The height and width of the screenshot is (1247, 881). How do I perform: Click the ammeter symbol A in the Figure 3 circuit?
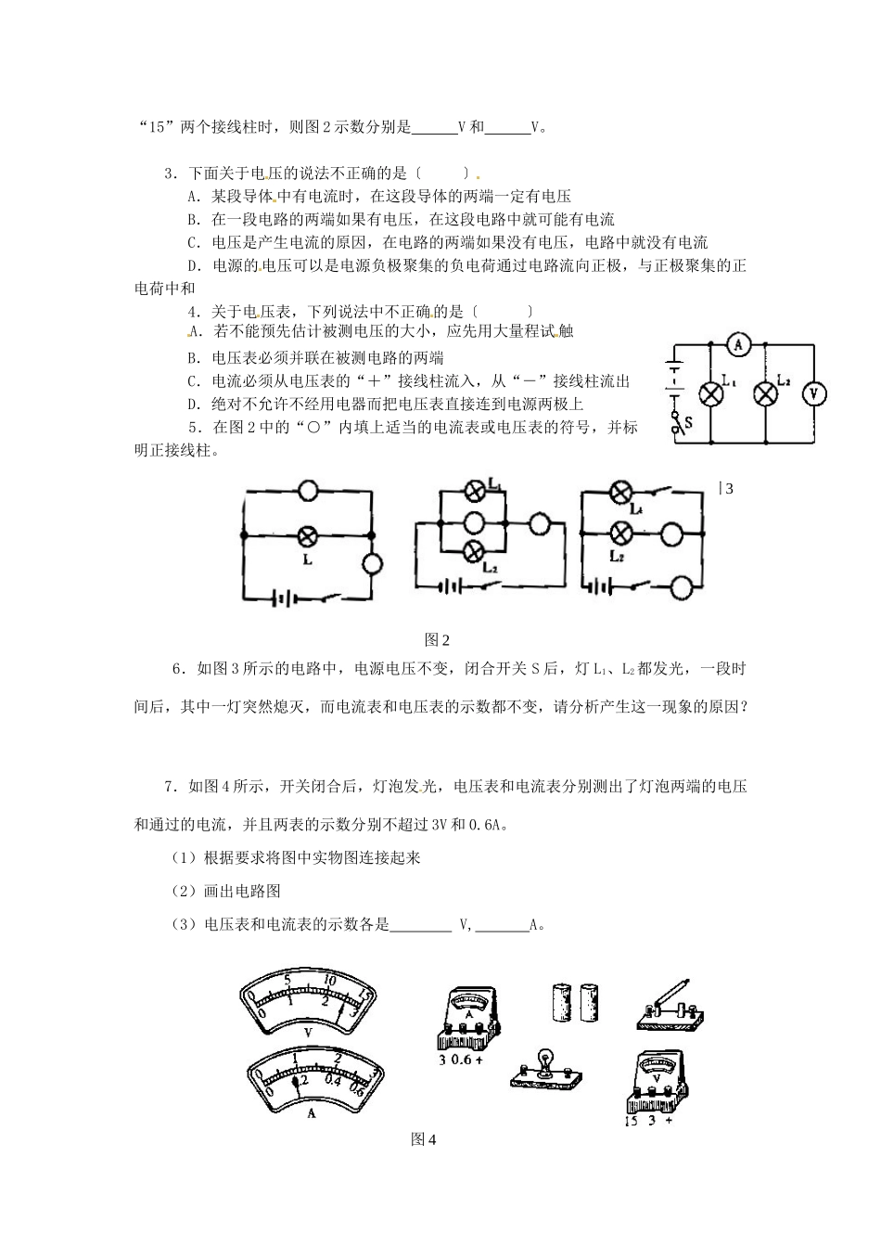[738, 345]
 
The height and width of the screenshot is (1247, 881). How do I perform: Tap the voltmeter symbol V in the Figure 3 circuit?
[813, 394]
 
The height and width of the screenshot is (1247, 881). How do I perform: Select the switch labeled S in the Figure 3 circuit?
[677, 422]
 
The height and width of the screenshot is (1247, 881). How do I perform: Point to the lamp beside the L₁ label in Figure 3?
[710, 394]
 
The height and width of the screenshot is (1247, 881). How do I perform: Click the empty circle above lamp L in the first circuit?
[308, 491]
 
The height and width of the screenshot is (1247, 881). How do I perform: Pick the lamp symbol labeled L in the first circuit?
[307, 535]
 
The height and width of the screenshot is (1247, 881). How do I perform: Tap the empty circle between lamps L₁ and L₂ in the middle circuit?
[474, 523]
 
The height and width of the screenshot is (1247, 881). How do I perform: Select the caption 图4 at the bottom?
[423, 1139]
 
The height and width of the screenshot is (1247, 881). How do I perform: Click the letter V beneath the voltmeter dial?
[308, 1032]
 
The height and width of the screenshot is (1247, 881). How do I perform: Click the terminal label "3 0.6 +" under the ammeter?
[460, 1059]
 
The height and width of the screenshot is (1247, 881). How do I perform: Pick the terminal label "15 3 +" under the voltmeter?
[649, 1120]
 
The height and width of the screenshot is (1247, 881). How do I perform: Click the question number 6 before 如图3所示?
[176, 669]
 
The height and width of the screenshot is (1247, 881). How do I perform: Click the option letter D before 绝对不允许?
[193, 405]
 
